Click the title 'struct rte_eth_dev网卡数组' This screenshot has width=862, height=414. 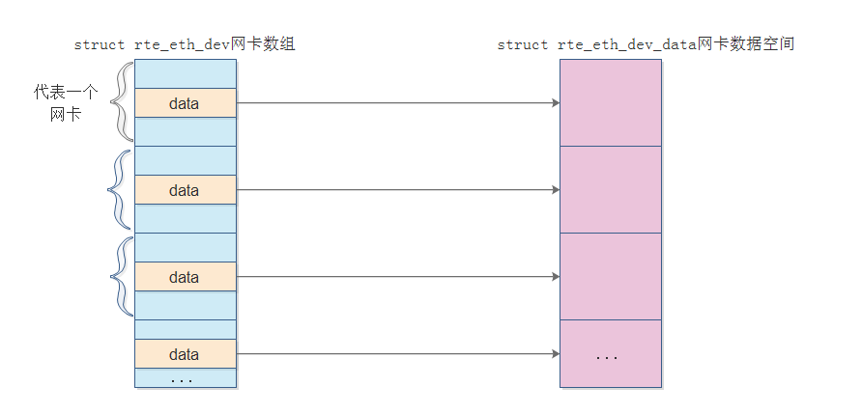[x=184, y=45]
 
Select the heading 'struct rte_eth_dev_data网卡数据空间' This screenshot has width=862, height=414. [x=646, y=45]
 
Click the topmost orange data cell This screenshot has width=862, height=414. [x=185, y=103]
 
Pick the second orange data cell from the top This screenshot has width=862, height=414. [x=185, y=190]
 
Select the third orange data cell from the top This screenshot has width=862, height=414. [x=185, y=277]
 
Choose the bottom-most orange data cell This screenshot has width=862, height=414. [x=185, y=354]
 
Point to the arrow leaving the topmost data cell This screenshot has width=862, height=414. [x=396, y=103]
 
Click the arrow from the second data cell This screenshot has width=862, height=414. [x=396, y=190]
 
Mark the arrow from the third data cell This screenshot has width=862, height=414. [x=396, y=277]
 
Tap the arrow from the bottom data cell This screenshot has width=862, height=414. [x=396, y=354]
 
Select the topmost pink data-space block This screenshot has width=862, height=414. [x=611, y=102]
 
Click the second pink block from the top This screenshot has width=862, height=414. [x=611, y=189]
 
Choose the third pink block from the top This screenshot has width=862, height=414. [x=611, y=276]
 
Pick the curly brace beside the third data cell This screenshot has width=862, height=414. [x=121, y=276]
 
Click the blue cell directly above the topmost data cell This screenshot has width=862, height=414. [x=185, y=74]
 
